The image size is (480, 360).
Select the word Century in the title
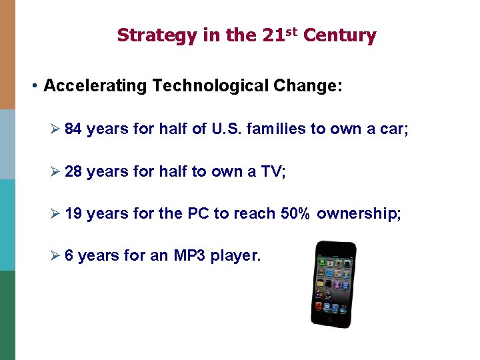click(339, 35)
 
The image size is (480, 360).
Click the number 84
click(73, 129)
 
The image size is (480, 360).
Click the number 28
click(73, 171)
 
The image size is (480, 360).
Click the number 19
click(73, 213)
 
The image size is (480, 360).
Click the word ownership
click(359, 213)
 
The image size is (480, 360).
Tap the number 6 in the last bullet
click(69, 255)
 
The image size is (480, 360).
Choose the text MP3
click(189, 255)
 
